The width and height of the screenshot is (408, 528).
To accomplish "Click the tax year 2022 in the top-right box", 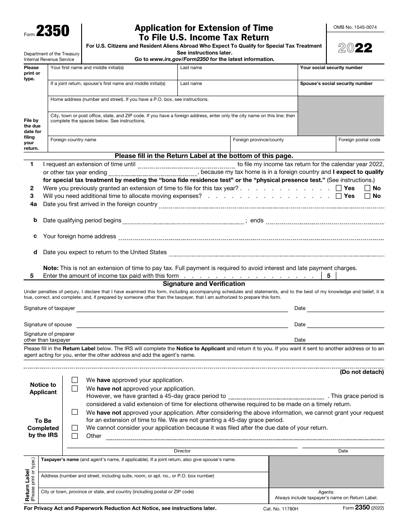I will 355,48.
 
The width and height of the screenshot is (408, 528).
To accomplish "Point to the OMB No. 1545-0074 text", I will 355,27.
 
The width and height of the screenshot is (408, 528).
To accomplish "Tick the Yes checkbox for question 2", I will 339,188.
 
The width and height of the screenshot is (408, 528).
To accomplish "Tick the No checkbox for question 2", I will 368,188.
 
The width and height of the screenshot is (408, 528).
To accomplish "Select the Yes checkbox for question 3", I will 339,196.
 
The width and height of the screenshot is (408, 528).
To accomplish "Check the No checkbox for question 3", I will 368,196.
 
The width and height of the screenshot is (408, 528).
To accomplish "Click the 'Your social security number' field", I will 341,75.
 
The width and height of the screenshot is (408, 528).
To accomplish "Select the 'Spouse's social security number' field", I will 341,91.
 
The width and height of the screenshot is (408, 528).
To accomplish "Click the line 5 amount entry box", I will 360,276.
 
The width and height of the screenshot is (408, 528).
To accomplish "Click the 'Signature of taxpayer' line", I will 182,308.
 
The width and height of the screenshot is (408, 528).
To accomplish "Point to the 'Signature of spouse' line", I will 182,325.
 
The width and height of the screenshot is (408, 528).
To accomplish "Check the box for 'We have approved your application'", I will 75,380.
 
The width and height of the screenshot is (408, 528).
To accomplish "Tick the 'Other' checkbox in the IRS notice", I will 75,436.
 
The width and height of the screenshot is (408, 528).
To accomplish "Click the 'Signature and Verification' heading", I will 204,284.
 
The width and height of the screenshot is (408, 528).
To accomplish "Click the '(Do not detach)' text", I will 362,372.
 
